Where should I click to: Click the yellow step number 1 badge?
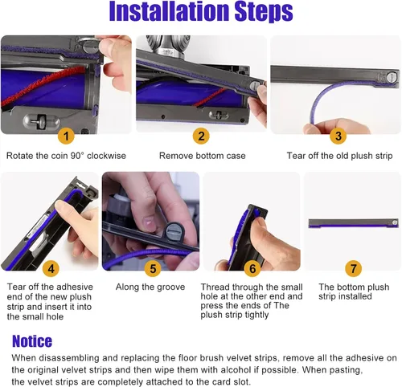66,136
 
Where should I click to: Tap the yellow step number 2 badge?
201,136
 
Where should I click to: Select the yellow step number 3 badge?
338,136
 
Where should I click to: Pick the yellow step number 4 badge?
51,268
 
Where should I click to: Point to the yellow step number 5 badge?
153,268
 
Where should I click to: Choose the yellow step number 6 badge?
252,268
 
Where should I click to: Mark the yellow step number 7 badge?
353,268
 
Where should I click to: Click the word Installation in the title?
170,11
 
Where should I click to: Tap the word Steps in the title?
264,12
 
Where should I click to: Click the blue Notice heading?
32,341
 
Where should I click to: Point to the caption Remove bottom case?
203,156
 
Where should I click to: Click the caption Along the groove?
150,287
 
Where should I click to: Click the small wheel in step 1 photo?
41,121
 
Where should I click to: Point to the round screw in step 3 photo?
392,77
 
